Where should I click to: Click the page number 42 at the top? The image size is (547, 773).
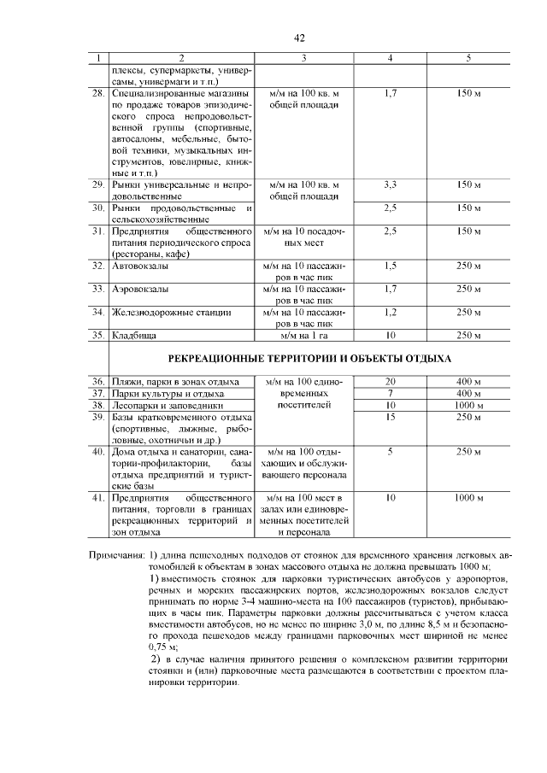(299, 38)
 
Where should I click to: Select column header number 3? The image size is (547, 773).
(303, 58)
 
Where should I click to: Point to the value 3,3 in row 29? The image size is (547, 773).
(390, 184)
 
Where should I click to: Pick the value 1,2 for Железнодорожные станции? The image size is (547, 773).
(390, 313)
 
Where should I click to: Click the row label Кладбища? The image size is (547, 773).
(133, 336)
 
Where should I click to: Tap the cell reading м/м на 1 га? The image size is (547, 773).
(303, 336)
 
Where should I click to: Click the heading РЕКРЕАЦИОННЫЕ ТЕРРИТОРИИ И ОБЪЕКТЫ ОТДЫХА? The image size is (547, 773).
(303, 359)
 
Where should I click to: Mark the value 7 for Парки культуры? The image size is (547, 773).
(390, 394)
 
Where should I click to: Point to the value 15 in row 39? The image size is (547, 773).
(390, 417)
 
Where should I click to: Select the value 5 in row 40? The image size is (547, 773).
(390, 451)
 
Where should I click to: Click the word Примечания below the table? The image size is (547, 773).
(117, 555)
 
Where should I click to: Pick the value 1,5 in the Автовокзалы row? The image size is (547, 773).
(390, 266)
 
